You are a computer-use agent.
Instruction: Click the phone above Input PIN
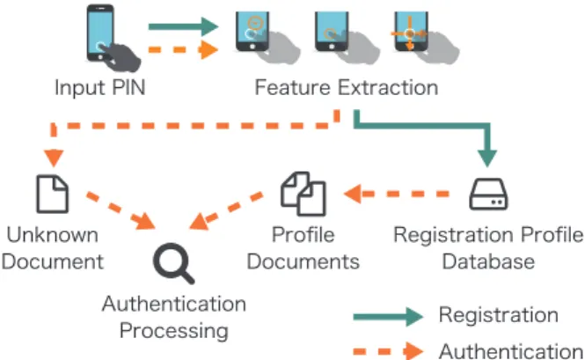[x=100, y=33]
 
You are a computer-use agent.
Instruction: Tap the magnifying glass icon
[x=173, y=263]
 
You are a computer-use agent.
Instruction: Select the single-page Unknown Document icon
[x=52, y=194]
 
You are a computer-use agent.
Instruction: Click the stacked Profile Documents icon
[x=303, y=194]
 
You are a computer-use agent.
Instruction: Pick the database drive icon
[x=488, y=195]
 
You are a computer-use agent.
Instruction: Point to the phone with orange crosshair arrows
[x=411, y=32]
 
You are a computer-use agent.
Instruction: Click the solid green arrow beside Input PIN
[x=183, y=26]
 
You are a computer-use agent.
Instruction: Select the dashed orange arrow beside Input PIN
[x=183, y=49]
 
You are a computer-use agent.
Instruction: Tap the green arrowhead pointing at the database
[x=486, y=158]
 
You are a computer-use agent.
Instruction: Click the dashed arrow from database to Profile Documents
[x=396, y=194]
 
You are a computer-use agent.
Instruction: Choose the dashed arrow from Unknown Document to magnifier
[x=121, y=209]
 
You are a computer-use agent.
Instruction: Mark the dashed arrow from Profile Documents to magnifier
[x=226, y=210]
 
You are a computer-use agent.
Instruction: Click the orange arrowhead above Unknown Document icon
[x=54, y=158]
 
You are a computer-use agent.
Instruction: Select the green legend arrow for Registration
[x=388, y=317]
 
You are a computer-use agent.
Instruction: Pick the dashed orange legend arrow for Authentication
[x=388, y=351]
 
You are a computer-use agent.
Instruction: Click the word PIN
[x=128, y=88]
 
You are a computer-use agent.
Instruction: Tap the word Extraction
[x=388, y=88]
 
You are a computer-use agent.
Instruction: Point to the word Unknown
[x=53, y=235]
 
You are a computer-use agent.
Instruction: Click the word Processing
[x=174, y=331]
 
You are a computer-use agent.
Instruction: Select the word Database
[x=488, y=261]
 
